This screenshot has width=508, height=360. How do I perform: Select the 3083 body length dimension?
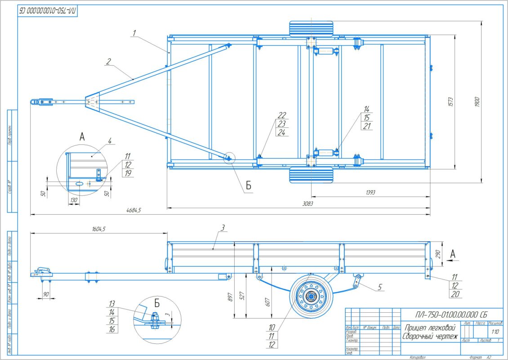(307, 203)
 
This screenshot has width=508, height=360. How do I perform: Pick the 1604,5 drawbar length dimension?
(97, 229)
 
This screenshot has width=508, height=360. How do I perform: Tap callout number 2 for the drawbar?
(108, 61)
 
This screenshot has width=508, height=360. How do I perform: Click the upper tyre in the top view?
(311, 29)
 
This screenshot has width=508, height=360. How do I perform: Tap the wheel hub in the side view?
(311, 297)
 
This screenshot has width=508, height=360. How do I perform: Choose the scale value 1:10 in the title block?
(495, 332)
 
